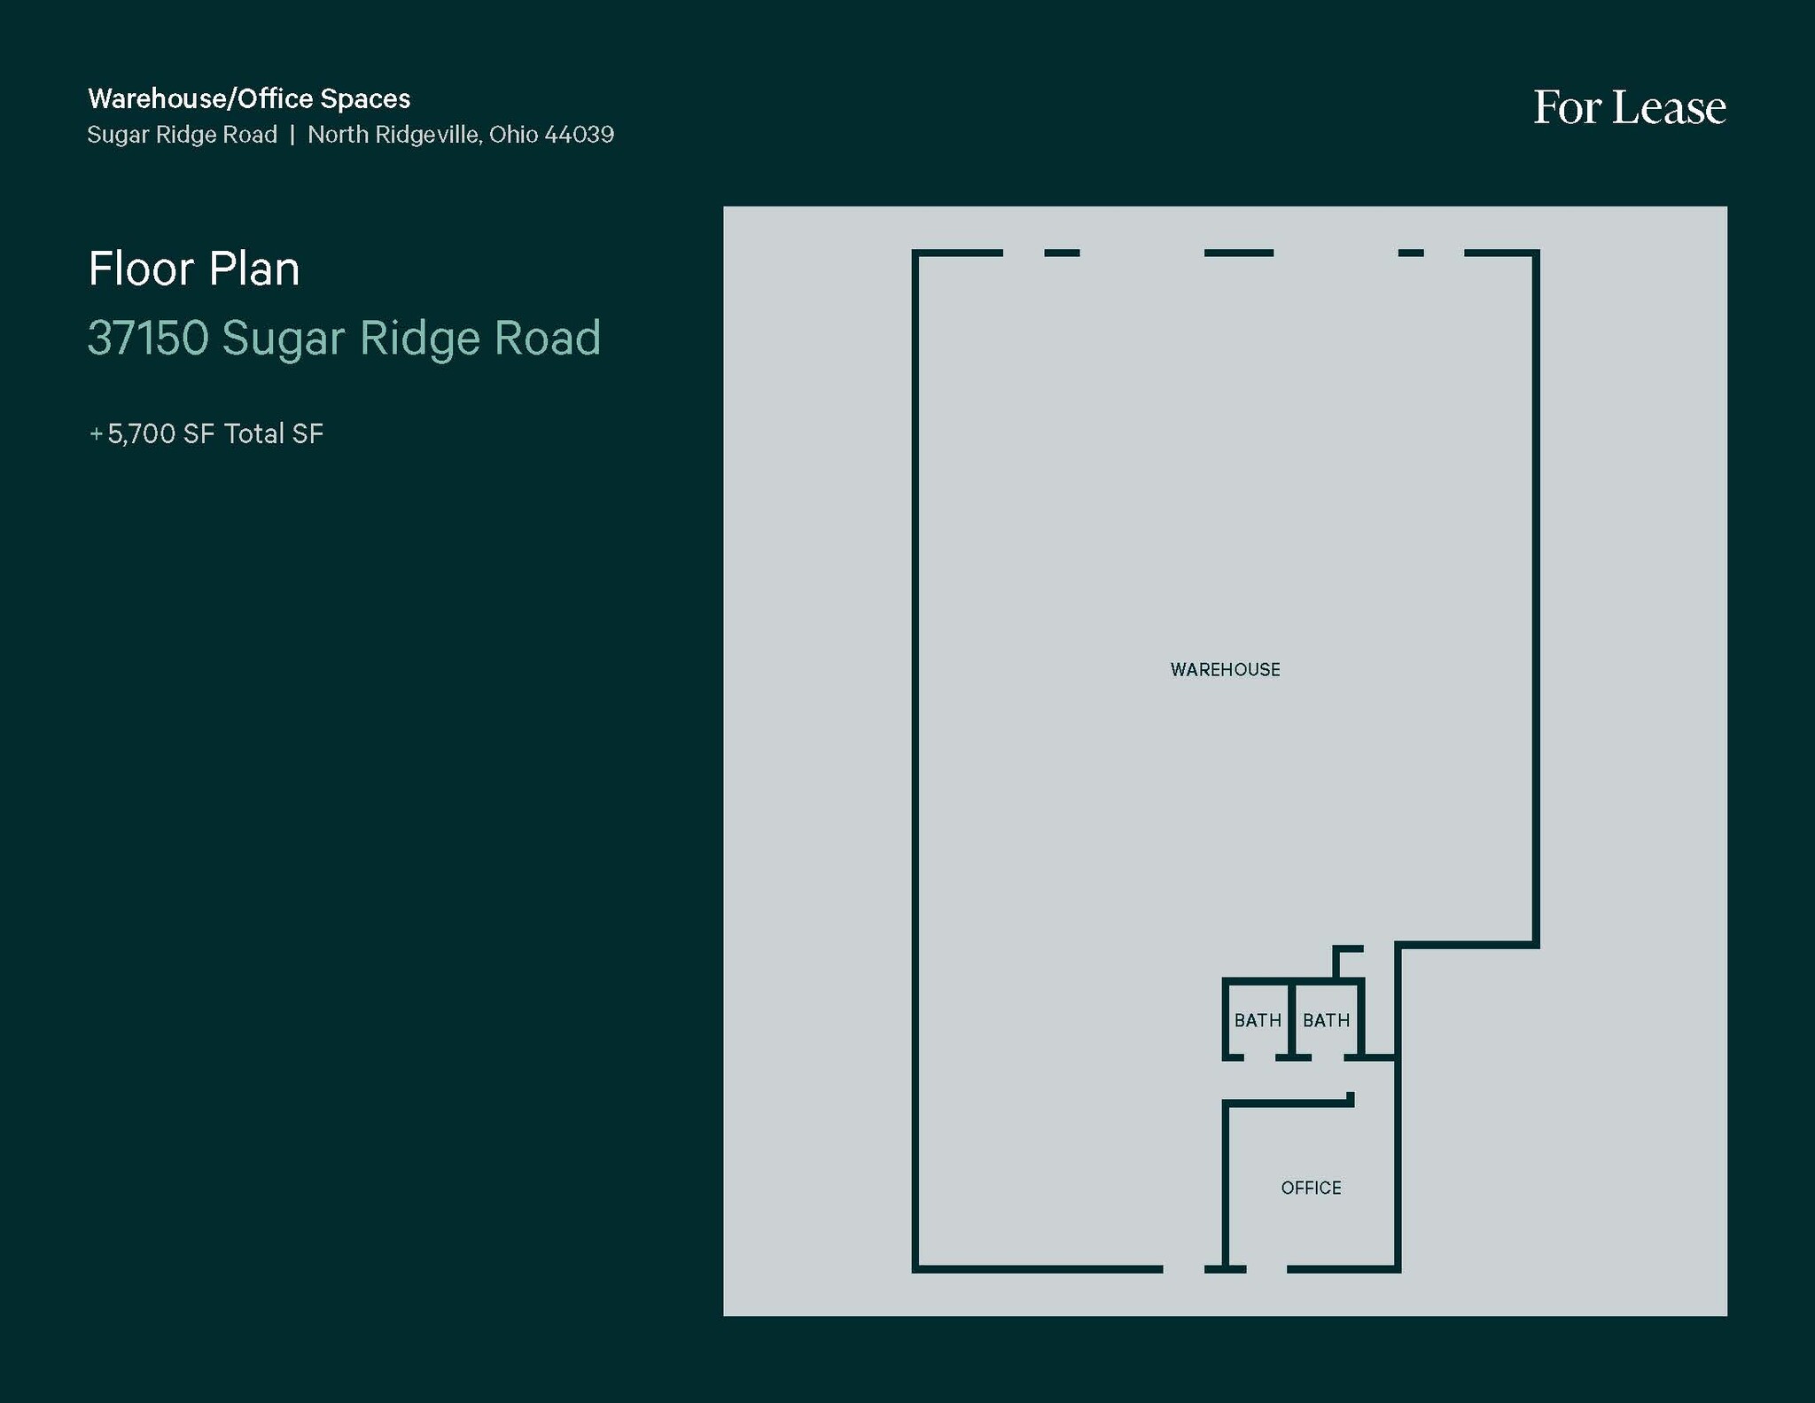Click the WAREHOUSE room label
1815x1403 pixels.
click(x=1225, y=670)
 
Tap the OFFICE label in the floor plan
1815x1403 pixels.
click(x=1311, y=1188)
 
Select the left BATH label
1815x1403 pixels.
click(x=1258, y=1021)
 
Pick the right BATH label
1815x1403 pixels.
click(x=1326, y=1021)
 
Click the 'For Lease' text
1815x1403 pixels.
click(x=1629, y=108)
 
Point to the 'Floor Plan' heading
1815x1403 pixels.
click(x=194, y=269)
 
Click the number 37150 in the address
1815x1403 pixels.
click(x=148, y=338)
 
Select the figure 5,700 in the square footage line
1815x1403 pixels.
click(x=141, y=434)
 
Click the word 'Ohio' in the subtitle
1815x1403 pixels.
click(x=513, y=135)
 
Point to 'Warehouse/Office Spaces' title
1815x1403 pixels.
click(x=249, y=98)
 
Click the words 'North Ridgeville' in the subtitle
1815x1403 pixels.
click(x=393, y=135)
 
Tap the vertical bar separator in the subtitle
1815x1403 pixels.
click(x=292, y=135)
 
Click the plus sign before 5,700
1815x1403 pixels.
click(x=96, y=434)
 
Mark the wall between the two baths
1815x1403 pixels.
click(x=1292, y=1019)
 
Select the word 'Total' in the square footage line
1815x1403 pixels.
click(x=254, y=434)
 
